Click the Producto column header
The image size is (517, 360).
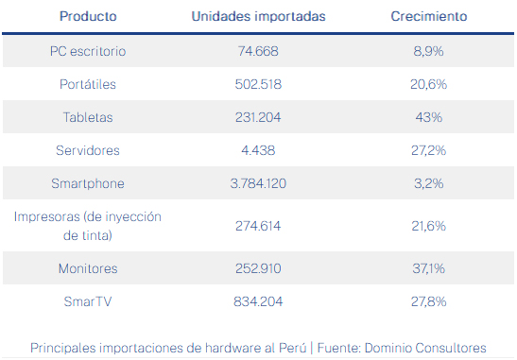tap(88, 16)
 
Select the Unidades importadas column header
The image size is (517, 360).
tap(259, 16)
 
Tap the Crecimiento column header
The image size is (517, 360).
tap(429, 16)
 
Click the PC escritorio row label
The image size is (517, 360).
tap(88, 51)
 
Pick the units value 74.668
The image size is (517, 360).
tap(258, 51)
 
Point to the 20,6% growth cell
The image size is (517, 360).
tap(429, 84)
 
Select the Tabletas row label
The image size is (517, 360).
tap(88, 117)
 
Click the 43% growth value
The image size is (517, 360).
tap(429, 117)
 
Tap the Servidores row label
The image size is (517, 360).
tap(88, 150)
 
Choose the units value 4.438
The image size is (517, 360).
tap(258, 150)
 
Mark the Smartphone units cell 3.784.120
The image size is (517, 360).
tap(258, 183)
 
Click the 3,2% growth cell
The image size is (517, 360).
tap(429, 183)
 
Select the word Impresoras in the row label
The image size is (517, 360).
tap(47, 217)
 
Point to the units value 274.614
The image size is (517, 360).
tap(258, 226)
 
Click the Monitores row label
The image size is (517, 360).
tap(88, 268)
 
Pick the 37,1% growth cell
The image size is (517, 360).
tap(429, 268)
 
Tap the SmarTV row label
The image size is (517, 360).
tap(88, 301)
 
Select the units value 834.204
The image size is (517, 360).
tap(258, 301)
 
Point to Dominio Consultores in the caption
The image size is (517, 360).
tap(425, 348)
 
